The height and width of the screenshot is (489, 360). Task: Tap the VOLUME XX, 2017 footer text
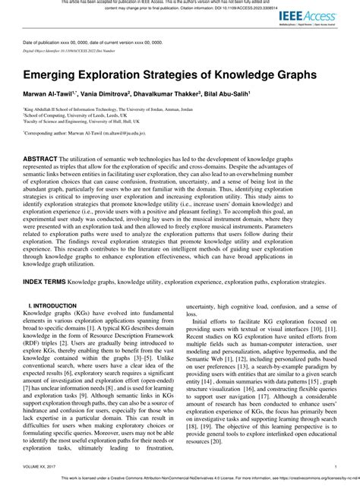(38, 466)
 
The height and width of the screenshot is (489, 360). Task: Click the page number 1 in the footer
(336, 466)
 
